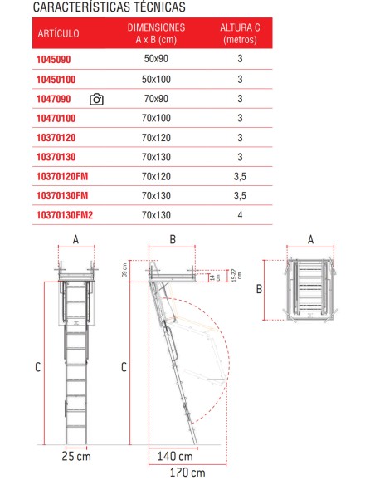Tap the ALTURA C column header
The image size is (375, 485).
(x=239, y=34)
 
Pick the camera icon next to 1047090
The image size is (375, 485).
(x=96, y=100)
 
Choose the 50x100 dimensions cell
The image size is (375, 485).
(x=155, y=80)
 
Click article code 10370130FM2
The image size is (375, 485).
(x=65, y=214)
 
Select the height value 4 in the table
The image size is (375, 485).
(x=239, y=214)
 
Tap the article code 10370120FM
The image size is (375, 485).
(x=62, y=176)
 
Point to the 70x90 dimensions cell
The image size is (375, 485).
(x=155, y=100)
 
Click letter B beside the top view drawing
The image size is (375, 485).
(x=259, y=289)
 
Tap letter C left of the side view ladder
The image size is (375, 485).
(x=124, y=365)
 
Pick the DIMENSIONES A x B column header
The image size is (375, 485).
(x=155, y=34)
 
